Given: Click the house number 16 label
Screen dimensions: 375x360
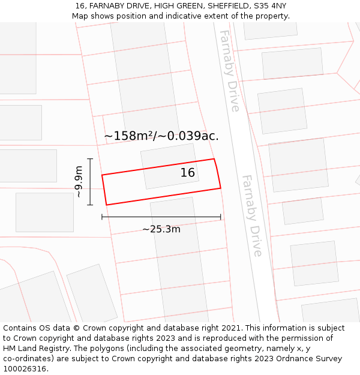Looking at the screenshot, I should click(x=188, y=173).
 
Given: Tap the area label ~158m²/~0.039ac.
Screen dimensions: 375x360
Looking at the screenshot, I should click(x=161, y=136).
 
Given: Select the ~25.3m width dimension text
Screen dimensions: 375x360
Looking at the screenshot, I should click(x=161, y=229).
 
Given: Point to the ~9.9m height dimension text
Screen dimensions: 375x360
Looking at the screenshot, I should click(x=79, y=182).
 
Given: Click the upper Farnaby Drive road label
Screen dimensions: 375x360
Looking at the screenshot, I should click(x=229, y=70).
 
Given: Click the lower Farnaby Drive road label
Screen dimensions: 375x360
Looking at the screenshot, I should click(x=252, y=215).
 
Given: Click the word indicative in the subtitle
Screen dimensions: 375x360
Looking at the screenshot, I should click(x=189, y=16).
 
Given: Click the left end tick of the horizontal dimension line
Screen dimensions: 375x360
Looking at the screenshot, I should click(x=102, y=217).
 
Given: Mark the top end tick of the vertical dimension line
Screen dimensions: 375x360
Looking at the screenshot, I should click(x=90, y=159).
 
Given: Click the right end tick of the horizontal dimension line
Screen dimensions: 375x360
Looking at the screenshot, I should click(x=221, y=217).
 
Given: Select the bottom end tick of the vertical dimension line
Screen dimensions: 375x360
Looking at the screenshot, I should click(x=90, y=205).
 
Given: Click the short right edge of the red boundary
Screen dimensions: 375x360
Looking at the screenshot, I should click(x=218, y=173).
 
